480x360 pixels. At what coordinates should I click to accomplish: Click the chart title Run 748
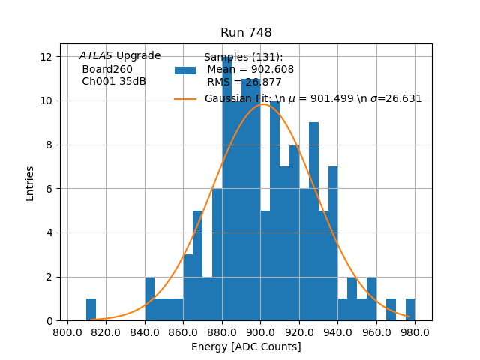coord(246,33)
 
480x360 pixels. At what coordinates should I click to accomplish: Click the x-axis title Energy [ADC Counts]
coord(246,346)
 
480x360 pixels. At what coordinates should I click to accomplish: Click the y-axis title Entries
coord(30,183)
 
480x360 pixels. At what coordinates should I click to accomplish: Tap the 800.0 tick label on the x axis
coord(68,331)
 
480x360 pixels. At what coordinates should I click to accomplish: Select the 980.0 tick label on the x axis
coord(414,331)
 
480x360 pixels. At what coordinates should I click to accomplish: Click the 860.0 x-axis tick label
coord(184,331)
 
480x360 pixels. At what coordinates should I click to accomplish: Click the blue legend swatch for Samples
coord(185,70)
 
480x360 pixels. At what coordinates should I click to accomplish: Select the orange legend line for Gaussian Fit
coord(185,99)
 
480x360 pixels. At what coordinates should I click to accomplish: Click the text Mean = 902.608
coord(250,70)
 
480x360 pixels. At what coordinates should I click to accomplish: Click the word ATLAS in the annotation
coord(96,55)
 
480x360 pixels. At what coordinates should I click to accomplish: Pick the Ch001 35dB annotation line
coord(114,82)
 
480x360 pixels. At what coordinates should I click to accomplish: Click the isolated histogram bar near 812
coord(91,310)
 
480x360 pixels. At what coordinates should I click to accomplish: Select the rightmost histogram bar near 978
coord(409,310)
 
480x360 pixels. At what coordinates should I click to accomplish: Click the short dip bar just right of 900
coord(265,265)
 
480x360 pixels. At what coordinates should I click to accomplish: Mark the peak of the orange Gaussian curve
coord(262,104)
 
